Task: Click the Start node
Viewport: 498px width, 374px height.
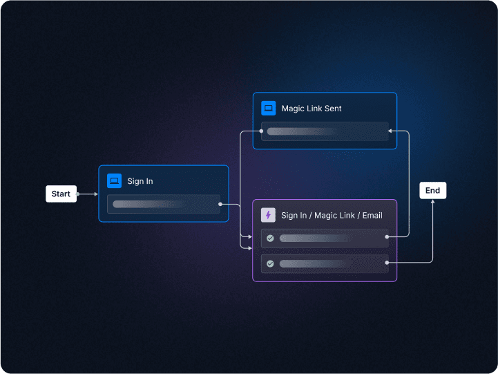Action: pyautogui.click(x=61, y=194)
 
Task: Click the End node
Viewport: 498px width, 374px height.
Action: pyautogui.click(x=432, y=191)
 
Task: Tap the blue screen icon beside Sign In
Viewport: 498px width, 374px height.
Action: pyautogui.click(x=114, y=181)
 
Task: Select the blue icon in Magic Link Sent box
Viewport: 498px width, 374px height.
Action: pyautogui.click(x=269, y=109)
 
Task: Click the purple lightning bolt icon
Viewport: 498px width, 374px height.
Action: pyautogui.click(x=268, y=215)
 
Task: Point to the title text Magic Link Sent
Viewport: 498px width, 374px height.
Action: pyautogui.click(x=312, y=109)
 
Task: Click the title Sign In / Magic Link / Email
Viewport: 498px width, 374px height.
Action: pyautogui.click(x=332, y=216)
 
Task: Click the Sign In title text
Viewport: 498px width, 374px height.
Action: pyautogui.click(x=140, y=181)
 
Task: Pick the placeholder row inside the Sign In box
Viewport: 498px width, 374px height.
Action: pyautogui.click(x=164, y=204)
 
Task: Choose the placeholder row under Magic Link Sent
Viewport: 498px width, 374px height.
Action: pyautogui.click(x=325, y=131)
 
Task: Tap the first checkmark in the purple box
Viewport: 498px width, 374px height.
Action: pyautogui.click(x=270, y=238)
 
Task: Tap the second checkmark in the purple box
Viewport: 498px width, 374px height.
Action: pyautogui.click(x=270, y=263)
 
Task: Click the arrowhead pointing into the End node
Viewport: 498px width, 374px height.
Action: pyautogui.click(x=432, y=202)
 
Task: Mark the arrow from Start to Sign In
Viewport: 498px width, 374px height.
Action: pyautogui.click(x=88, y=194)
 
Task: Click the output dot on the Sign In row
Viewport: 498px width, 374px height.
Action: pyautogui.click(x=220, y=204)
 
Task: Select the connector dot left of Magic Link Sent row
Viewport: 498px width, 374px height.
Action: pyautogui.click(x=261, y=131)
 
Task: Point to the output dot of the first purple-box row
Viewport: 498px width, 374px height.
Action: pyautogui.click(x=387, y=237)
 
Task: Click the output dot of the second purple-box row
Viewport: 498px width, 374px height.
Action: pyautogui.click(x=387, y=263)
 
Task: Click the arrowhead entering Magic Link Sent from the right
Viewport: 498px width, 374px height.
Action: pyautogui.click(x=391, y=131)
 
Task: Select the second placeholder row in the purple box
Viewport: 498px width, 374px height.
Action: pyautogui.click(x=325, y=263)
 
